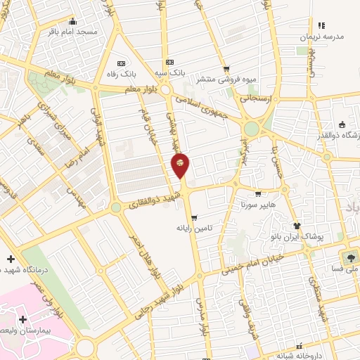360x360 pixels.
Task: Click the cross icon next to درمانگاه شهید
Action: coord(9,259)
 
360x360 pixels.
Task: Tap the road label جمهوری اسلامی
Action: coord(203,103)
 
